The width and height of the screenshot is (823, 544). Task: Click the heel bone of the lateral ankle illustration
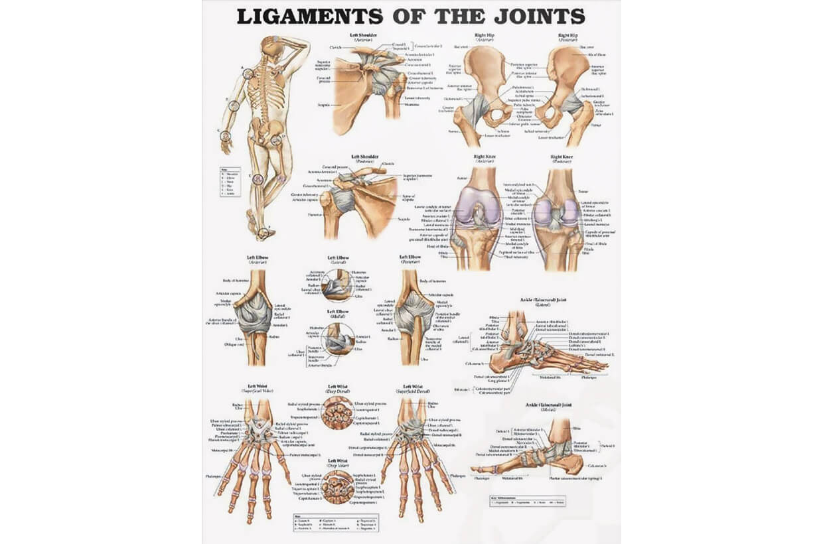(x=498, y=362)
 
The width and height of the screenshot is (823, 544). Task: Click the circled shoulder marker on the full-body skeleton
(x=248, y=74)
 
